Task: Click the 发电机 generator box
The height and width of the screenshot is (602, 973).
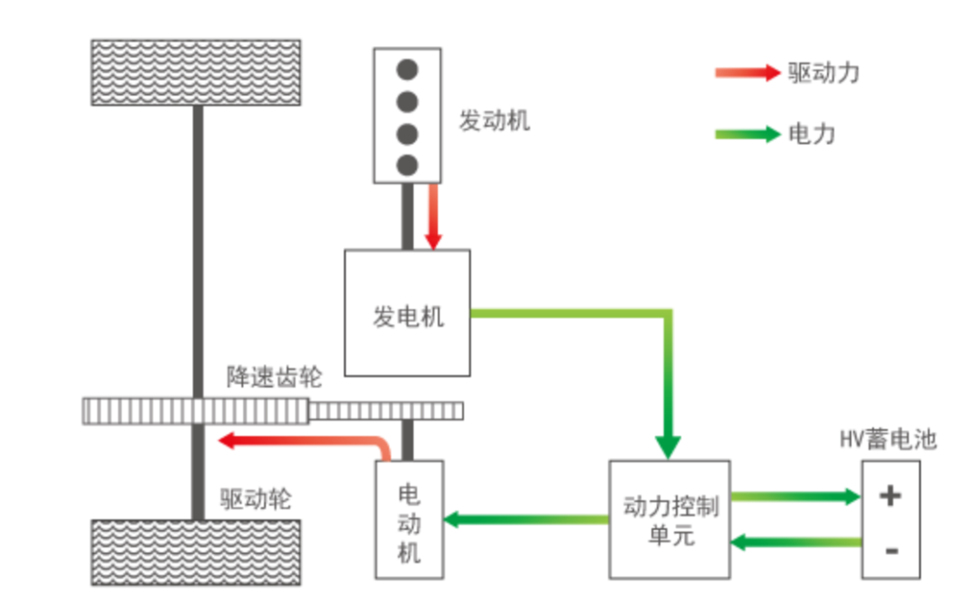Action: tap(407, 313)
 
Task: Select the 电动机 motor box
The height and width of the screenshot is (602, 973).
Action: tap(409, 520)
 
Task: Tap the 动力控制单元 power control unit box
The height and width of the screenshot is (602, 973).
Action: tap(670, 520)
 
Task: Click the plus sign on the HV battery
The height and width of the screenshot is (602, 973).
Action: tap(890, 495)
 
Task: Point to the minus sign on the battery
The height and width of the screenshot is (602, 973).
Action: tap(890, 549)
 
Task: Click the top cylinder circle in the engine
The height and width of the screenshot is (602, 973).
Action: tap(408, 69)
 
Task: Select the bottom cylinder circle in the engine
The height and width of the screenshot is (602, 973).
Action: tap(408, 164)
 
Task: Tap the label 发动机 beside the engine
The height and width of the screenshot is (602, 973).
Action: tap(495, 121)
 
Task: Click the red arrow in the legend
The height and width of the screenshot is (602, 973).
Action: tap(747, 73)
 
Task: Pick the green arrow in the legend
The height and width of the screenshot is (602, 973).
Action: tap(747, 134)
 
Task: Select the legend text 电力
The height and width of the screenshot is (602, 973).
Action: tap(812, 134)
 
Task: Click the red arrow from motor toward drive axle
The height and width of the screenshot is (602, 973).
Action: tap(297, 441)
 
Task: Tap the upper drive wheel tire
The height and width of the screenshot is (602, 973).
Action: tap(196, 72)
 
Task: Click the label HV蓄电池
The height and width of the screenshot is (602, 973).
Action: tap(888, 440)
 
